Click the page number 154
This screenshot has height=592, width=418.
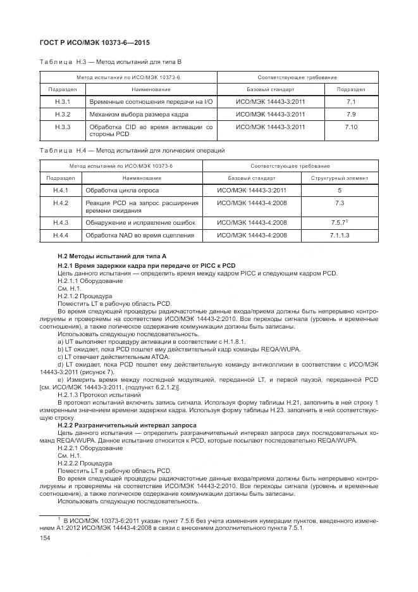point(45,537)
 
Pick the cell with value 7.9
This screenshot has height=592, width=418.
point(351,114)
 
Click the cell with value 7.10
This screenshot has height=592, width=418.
point(351,127)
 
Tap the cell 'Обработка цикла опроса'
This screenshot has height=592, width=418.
point(123,190)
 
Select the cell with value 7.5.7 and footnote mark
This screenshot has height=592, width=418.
point(340,222)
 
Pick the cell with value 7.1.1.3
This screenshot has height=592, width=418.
point(340,235)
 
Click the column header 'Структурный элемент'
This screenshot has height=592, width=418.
point(340,178)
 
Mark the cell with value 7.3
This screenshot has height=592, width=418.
point(340,203)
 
